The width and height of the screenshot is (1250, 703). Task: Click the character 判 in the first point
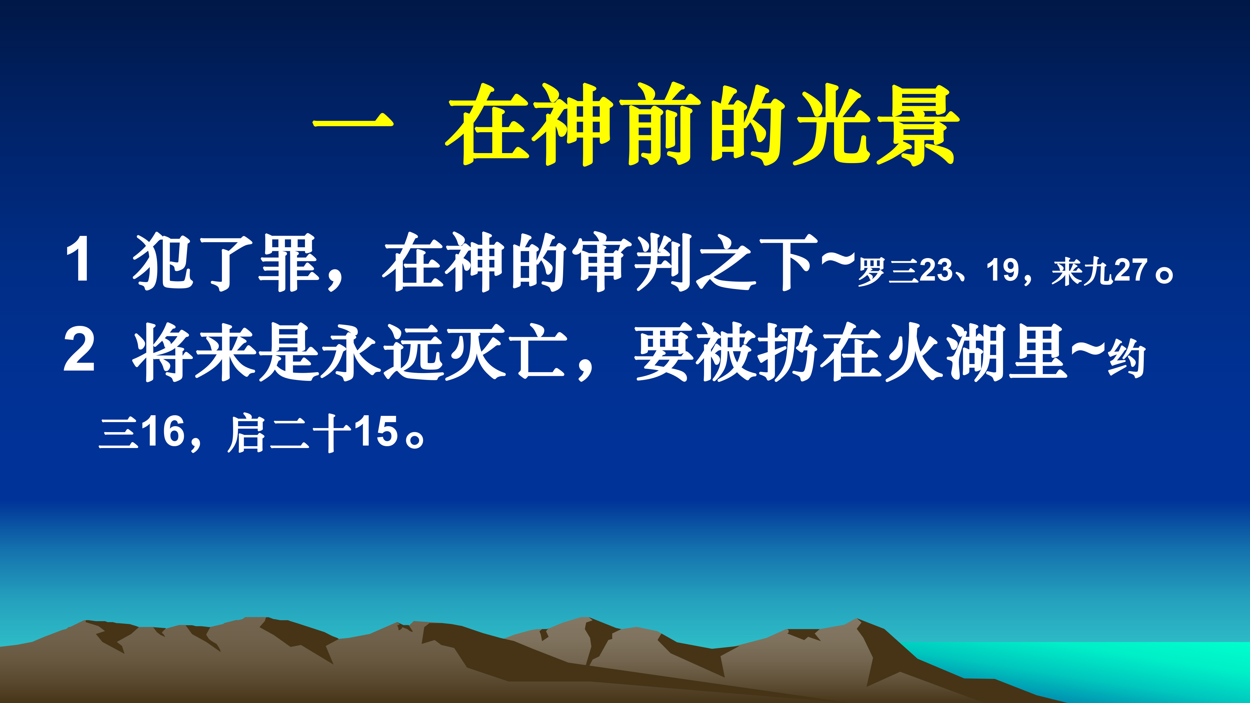tap(664, 262)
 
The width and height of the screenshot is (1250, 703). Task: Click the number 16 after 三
tap(165, 432)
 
